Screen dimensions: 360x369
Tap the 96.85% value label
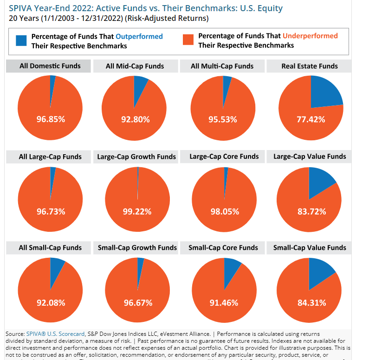[51, 119]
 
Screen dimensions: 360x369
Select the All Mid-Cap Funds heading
[135, 66]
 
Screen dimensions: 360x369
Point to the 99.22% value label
[137, 211]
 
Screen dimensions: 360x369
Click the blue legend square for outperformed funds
[21, 40]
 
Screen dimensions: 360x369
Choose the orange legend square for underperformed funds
[188, 40]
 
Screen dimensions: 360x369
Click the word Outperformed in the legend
[139, 36]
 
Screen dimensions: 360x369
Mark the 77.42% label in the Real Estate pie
[311, 119]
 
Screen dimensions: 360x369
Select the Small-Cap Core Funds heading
[223, 248]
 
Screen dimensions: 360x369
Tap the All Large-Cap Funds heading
[50, 157]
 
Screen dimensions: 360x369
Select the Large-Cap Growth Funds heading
[136, 157]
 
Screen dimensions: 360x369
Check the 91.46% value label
[224, 303]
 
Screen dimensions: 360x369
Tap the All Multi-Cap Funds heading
[222, 66]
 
